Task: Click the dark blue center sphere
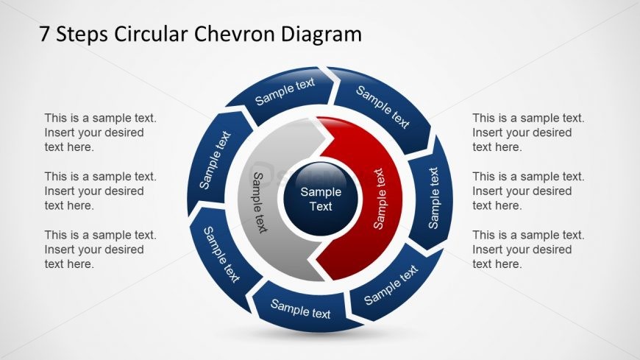coord(321,198)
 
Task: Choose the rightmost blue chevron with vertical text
coord(433,198)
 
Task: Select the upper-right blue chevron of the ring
coord(383,107)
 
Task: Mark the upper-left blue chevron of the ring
coord(216,160)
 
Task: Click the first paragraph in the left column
coord(100,133)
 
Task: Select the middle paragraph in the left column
coord(100,191)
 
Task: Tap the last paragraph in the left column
coord(100,250)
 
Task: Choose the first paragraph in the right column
coord(528,133)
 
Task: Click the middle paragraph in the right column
coord(528,191)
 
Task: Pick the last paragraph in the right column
coord(528,250)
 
